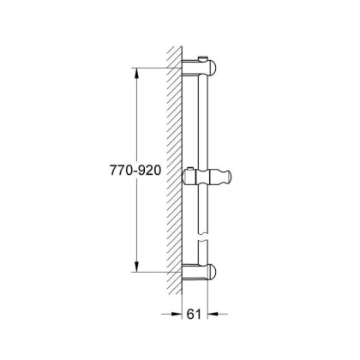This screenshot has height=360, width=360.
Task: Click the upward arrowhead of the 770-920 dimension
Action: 135,71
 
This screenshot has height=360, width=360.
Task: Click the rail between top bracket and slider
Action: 203,120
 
